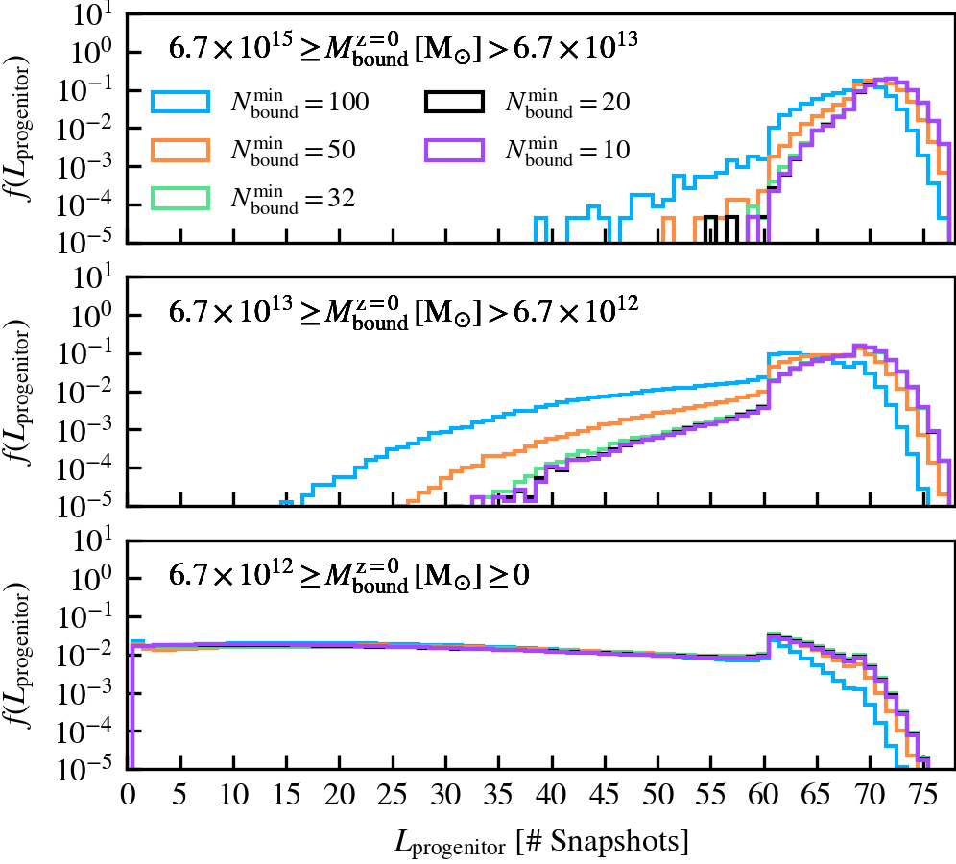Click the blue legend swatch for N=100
pyautogui.click(x=180, y=100)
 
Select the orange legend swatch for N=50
pyautogui.click(x=180, y=149)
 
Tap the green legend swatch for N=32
pyautogui.click(x=180, y=197)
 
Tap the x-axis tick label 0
pyautogui.click(x=129, y=792)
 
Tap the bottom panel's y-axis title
pyautogui.click(x=21, y=650)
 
